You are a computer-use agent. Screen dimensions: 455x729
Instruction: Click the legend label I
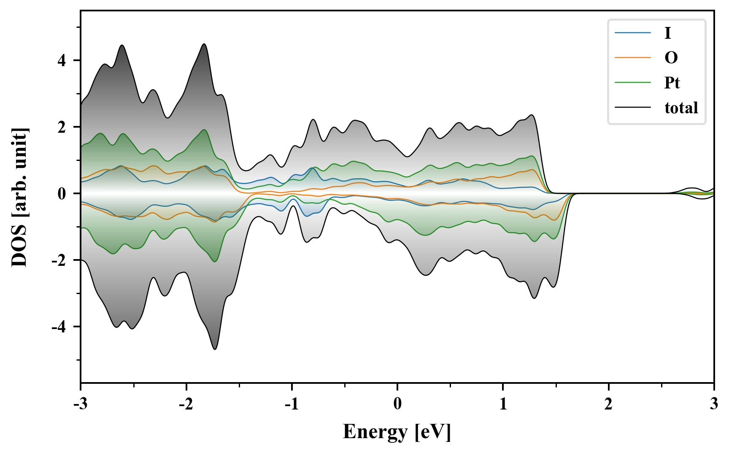667,33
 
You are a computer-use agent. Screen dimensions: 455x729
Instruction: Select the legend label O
671,58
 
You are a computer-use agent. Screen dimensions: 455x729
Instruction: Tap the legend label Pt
672,83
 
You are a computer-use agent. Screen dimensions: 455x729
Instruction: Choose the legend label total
681,108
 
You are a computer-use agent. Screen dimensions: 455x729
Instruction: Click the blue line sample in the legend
633,33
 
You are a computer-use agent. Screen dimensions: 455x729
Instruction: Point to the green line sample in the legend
633,83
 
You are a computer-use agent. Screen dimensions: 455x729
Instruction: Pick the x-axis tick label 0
397,404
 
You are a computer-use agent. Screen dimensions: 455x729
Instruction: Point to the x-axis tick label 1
503,404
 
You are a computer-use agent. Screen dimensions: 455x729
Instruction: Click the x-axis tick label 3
714,404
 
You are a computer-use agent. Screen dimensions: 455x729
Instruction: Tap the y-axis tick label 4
62,61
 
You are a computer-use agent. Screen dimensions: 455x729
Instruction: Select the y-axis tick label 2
62,127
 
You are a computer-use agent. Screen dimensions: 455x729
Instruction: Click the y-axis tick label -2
59,260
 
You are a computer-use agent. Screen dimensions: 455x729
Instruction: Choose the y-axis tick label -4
59,327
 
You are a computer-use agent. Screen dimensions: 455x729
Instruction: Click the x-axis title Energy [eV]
397,432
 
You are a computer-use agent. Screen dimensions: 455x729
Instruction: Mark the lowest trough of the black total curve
215,349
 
